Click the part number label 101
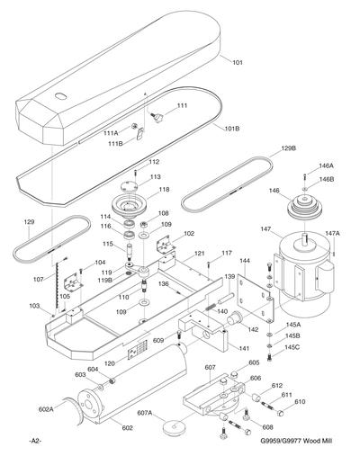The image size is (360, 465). [x=238, y=63]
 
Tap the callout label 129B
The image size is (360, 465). [x=289, y=148]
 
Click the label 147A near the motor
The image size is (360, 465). [x=333, y=233]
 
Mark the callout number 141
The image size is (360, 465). [x=245, y=348]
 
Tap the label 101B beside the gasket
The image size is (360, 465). [x=231, y=129]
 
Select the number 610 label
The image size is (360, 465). [x=301, y=402]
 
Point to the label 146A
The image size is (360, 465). [x=326, y=166]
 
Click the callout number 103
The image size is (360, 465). [x=34, y=307]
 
